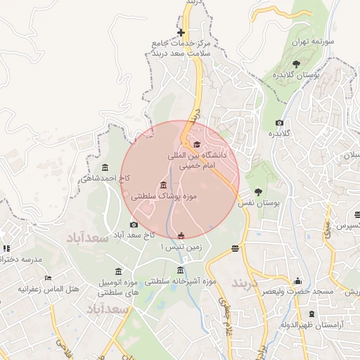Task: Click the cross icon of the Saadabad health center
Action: [181, 32]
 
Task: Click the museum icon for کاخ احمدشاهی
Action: [105, 167]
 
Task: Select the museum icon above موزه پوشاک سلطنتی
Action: [163, 185]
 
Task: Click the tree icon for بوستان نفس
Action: [259, 191]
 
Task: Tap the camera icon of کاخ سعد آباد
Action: [134, 224]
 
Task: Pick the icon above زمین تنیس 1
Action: [181, 236]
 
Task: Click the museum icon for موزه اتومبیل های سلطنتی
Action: [117, 271]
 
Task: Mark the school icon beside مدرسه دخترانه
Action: [7, 248]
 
